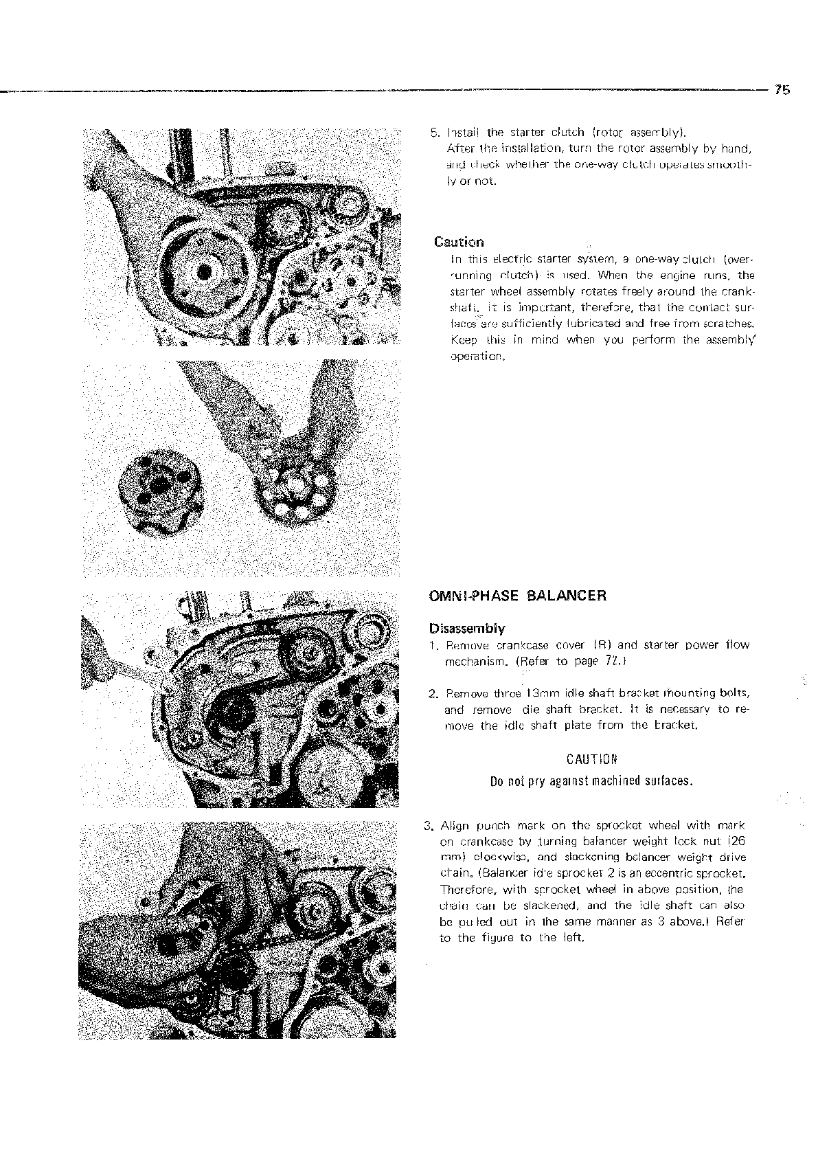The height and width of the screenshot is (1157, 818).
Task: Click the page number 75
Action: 782,89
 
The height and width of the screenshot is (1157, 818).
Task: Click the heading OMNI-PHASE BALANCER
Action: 517,596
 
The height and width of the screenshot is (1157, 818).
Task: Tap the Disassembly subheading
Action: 466,628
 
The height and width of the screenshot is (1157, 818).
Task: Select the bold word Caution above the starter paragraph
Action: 458,242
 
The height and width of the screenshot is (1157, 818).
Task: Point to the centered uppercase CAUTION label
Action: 592,759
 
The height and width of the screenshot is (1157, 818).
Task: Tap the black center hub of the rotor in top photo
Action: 203,273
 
